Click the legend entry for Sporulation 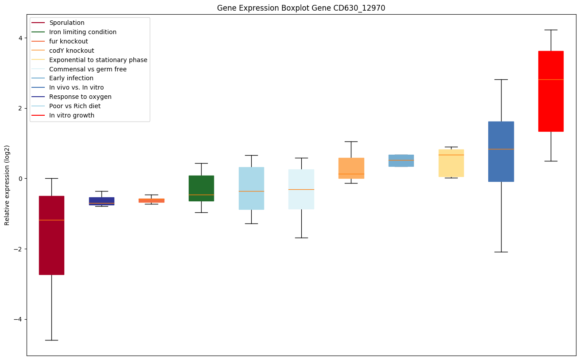click(66, 23)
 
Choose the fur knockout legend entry click(68, 41)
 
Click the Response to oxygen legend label click(80, 97)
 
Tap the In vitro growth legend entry click(72, 115)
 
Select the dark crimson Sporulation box click(51, 248)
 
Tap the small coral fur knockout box click(152, 200)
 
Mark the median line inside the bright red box click(551, 79)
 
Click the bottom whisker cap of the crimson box click(51, 340)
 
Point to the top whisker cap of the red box click(551, 30)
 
